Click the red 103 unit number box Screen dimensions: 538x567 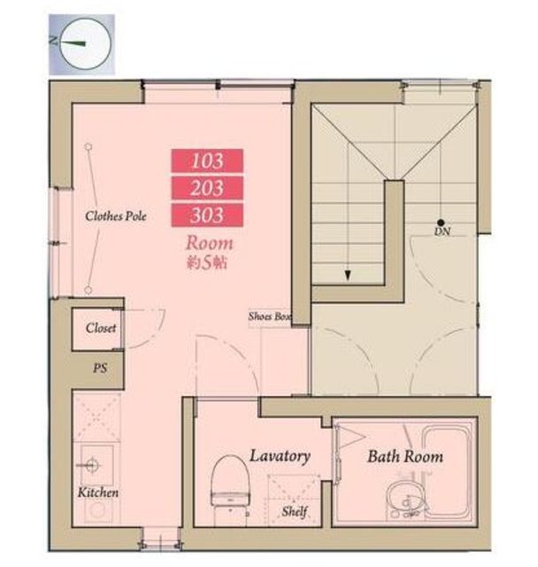(207, 161)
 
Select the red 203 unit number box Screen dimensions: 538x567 (207, 188)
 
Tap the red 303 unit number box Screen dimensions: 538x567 (207, 214)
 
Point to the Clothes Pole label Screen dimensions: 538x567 (116, 216)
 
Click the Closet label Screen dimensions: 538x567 (101, 328)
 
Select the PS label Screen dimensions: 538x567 (100, 369)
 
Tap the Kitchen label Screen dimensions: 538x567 (98, 493)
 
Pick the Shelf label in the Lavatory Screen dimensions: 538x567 (295, 511)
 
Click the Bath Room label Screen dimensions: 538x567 (405, 456)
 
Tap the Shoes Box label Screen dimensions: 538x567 (269, 317)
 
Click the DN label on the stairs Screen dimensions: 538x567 (442, 231)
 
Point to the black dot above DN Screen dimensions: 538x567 (440, 222)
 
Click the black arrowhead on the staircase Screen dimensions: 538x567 (348, 276)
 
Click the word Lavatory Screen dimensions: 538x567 (280, 456)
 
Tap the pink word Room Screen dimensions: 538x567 (210, 243)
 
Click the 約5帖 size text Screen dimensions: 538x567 (206, 263)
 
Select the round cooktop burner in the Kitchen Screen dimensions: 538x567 (96, 510)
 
